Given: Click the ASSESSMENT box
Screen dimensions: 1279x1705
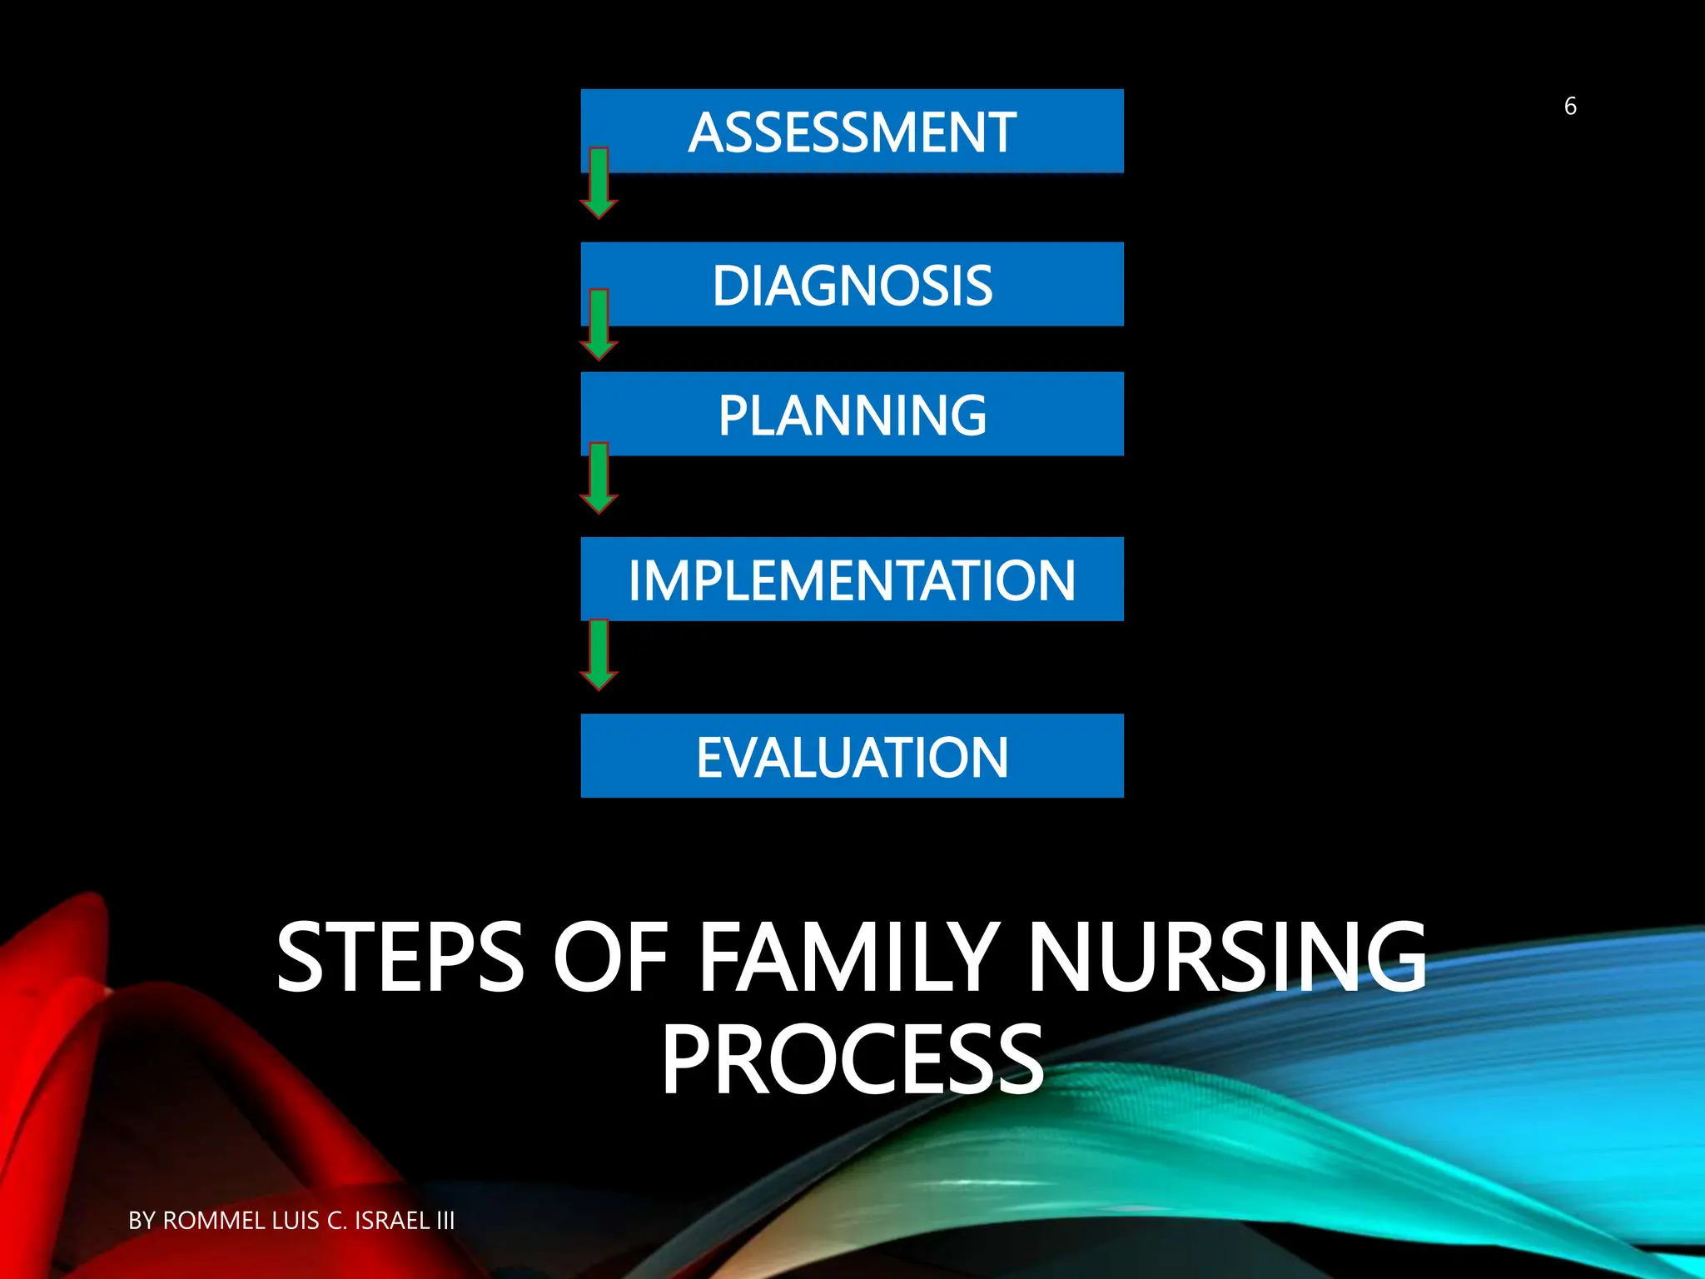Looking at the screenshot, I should (x=852, y=132).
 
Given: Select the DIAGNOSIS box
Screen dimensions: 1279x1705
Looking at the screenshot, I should (x=852, y=285).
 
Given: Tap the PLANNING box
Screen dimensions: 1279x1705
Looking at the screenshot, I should (x=852, y=415).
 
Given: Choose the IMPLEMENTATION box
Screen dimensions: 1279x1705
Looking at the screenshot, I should (x=852, y=580).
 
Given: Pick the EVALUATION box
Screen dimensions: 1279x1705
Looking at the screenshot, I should (x=852, y=756).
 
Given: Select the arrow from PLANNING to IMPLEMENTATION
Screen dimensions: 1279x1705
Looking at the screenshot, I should (x=599, y=480).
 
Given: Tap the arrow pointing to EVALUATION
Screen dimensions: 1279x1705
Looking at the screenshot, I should (x=599, y=656).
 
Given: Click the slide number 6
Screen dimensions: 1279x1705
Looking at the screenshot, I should (x=1570, y=107).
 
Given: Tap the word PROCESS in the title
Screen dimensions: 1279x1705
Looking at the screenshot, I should (x=852, y=1061).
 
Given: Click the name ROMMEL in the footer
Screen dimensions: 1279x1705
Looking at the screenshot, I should (x=213, y=1221).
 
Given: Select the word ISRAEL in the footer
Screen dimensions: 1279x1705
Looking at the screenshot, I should (x=392, y=1221).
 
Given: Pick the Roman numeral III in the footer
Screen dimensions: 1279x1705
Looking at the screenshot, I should (x=445, y=1221).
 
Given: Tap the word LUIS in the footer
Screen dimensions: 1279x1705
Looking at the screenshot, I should (x=296, y=1221).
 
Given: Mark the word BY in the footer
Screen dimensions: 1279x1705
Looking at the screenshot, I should (x=142, y=1221).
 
